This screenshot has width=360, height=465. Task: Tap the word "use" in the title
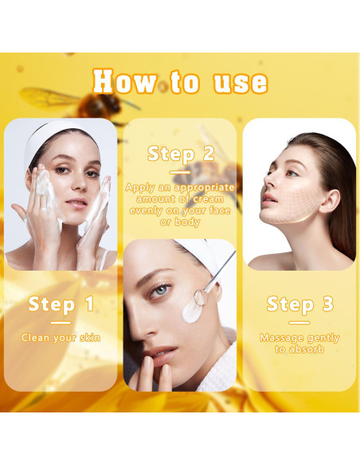240,82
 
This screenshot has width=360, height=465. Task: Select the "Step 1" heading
61,304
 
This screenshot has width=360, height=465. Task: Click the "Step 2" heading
181,154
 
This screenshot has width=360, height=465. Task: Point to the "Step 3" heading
299,304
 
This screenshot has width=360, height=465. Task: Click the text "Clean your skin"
61,338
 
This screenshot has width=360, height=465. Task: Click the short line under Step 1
61,322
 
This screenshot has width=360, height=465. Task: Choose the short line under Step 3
299,322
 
